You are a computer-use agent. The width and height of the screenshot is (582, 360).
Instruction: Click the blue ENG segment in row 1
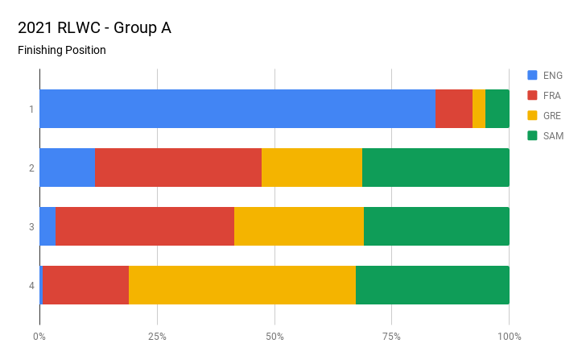237,109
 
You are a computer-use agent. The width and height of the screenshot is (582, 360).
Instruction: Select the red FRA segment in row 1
454,109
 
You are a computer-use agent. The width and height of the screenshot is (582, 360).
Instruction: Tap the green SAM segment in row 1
497,109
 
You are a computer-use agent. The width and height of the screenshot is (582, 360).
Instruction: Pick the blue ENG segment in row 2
67,168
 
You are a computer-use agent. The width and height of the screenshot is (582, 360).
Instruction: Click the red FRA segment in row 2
178,168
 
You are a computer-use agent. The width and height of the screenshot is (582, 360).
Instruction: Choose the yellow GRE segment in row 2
312,168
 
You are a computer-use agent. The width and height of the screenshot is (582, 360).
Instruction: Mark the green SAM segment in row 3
436,226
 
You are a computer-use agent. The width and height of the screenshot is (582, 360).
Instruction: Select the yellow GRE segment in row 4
242,285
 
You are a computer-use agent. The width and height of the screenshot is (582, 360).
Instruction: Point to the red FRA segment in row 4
86,285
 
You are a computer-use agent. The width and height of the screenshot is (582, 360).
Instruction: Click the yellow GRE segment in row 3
299,226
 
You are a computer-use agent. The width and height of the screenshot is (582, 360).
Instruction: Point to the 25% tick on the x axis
157,336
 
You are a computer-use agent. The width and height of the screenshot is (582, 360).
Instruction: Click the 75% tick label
392,336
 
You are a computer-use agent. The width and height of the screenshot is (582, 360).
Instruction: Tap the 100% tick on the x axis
509,336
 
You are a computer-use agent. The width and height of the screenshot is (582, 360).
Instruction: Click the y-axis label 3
31,226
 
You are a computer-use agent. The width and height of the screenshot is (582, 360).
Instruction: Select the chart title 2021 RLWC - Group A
94,28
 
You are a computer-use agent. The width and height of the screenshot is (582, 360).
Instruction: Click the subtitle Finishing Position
62,51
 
